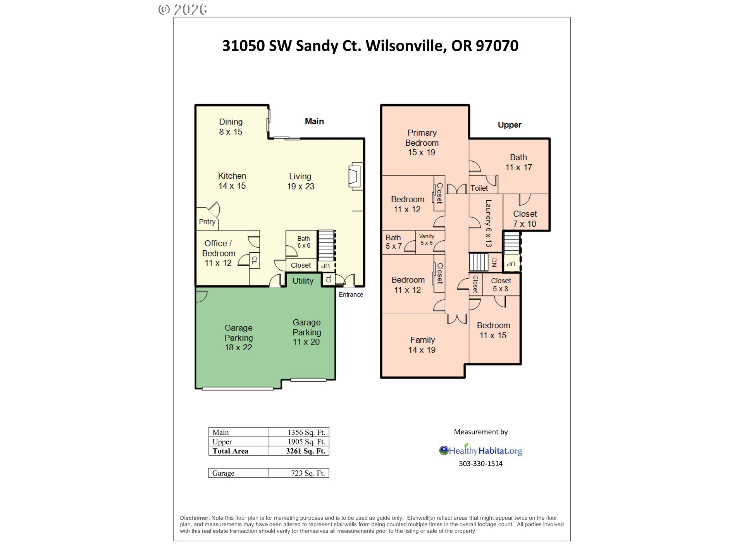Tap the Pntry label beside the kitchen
pyautogui.click(x=207, y=222)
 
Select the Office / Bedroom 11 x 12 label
pyautogui.click(x=218, y=253)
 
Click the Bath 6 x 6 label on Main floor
pyautogui.click(x=304, y=242)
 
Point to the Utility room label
pyautogui.click(x=303, y=281)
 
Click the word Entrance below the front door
pyautogui.click(x=351, y=294)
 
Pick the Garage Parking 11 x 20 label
pyautogui.click(x=307, y=332)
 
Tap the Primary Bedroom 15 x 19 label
pyautogui.click(x=422, y=143)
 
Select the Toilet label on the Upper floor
pyautogui.click(x=479, y=188)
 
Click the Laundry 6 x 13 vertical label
pyautogui.click(x=488, y=223)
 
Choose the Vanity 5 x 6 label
pyautogui.click(x=426, y=239)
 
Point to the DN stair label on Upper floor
pyautogui.click(x=494, y=263)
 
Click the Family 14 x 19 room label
pyautogui.click(x=422, y=345)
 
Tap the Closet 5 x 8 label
pyautogui.click(x=501, y=284)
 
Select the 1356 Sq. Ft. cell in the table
pyautogui.click(x=306, y=432)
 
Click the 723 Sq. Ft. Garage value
pyautogui.click(x=308, y=473)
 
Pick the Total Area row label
pyautogui.click(x=230, y=451)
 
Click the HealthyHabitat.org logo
pyautogui.click(x=480, y=451)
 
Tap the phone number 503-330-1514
pyautogui.click(x=480, y=463)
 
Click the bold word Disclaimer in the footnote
pyautogui.click(x=194, y=518)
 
